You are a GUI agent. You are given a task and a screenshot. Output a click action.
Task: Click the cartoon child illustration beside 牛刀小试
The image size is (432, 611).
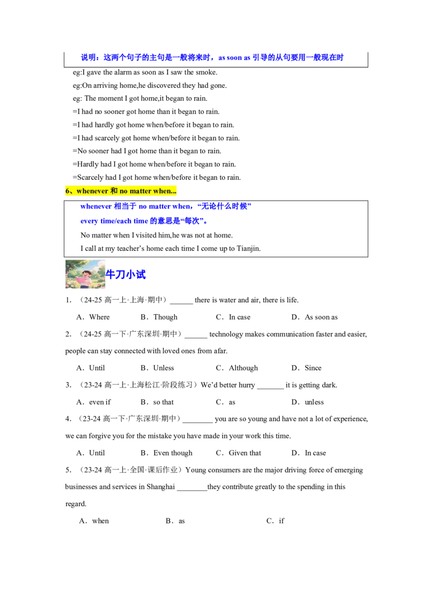[85, 274]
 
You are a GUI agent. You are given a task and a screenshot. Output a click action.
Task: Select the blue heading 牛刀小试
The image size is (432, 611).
[125, 275]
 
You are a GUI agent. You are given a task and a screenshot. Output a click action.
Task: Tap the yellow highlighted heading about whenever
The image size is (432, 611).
[121, 191]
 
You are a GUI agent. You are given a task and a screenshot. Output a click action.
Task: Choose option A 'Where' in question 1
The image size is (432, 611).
[93, 317]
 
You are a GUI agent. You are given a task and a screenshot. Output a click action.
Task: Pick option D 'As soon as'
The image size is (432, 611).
[315, 317]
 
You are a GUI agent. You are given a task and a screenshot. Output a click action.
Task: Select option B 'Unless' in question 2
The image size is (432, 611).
[158, 368]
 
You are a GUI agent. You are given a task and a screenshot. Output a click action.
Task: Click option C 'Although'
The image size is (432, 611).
[237, 368]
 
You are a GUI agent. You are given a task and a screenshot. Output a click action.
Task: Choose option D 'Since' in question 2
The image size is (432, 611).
[307, 368]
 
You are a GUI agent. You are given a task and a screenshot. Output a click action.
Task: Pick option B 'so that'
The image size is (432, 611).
[157, 402]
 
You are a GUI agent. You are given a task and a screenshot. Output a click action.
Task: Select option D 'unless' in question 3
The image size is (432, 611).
[308, 402]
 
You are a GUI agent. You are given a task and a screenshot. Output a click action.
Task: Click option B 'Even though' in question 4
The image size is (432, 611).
[166, 453]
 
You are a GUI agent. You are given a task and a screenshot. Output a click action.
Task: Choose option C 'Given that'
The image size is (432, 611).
[239, 453]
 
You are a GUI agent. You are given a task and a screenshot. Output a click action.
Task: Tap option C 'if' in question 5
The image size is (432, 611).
[275, 521]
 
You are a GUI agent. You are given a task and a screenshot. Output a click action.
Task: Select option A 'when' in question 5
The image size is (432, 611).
[94, 521]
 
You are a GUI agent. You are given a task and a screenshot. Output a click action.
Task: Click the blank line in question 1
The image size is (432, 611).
[181, 303]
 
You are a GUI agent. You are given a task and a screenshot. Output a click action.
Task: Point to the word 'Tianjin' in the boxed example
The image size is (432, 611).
[248, 249]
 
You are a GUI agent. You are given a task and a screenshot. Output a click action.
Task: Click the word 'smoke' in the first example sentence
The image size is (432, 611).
[207, 72]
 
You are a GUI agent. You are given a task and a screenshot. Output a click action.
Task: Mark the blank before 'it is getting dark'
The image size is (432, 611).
[271, 388]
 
